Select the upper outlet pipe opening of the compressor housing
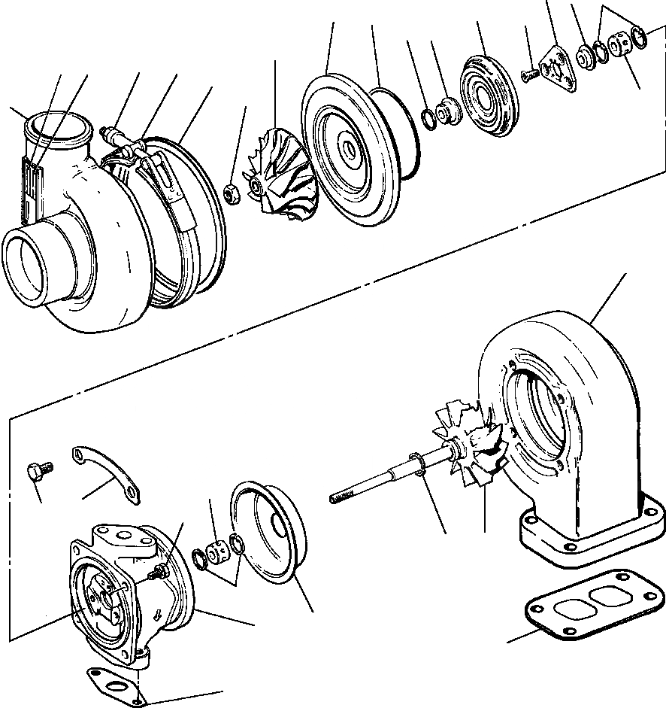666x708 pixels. [x=56, y=128]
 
